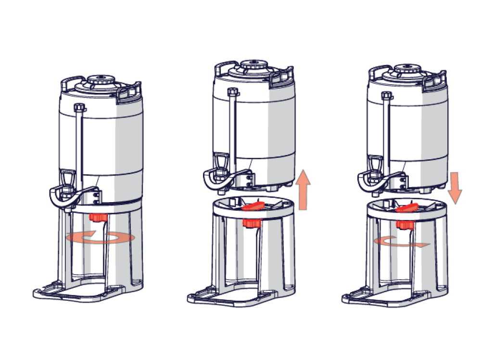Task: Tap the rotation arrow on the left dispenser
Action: [x=101, y=238]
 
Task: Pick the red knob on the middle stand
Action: [x=251, y=223]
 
